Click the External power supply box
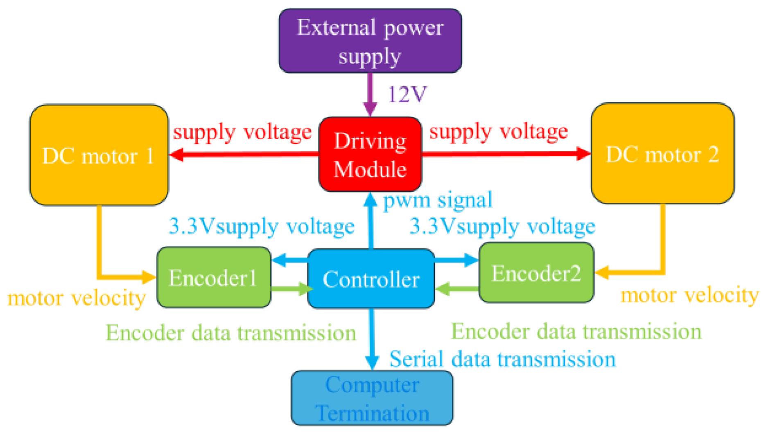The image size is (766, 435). pos(370,41)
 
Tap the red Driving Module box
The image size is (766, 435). pos(370,155)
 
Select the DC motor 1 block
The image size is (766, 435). pos(99,155)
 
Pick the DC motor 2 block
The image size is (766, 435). pos(662,154)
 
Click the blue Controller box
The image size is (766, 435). pos(371,279)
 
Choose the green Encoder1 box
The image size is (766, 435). pos(213,278)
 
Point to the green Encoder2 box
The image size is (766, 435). pos(536,273)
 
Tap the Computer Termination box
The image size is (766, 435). pos(372,399)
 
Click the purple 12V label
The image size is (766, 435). pos(407,94)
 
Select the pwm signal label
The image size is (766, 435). pos(437,200)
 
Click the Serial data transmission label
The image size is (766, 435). pos(502,359)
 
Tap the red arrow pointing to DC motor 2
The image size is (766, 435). pos(506,154)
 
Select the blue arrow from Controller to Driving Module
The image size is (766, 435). pos(371,221)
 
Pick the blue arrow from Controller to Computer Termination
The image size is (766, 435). pos(372,339)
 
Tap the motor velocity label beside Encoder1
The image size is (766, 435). pos(77,298)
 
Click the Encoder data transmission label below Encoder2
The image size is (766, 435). pos(576,332)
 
